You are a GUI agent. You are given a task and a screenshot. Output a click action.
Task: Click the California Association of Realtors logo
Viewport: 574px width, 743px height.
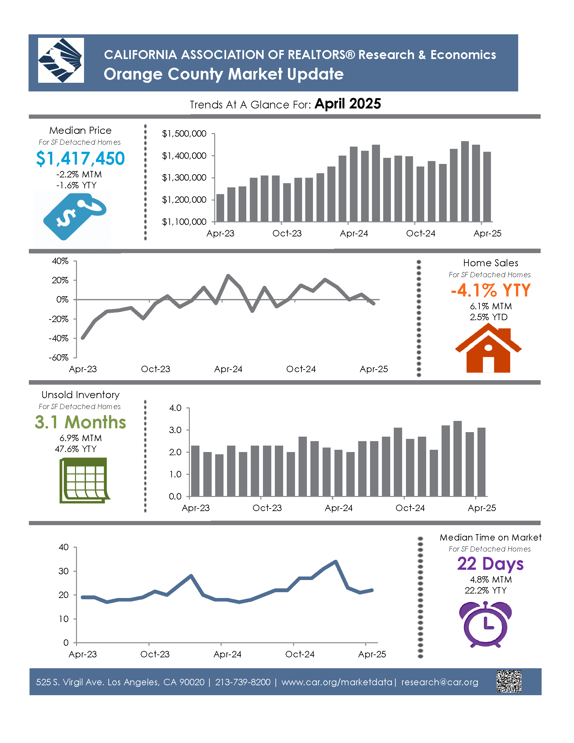(x=61, y=60)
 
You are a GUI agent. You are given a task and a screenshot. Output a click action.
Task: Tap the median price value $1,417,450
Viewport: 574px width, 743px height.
(x=80, y=158)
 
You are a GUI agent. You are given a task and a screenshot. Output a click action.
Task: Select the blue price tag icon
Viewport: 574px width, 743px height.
(x=75, y=216)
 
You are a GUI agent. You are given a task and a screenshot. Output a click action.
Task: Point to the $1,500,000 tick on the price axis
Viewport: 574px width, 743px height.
(x=184, y=134)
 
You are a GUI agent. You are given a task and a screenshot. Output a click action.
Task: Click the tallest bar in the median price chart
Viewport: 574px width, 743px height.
(x=465, y=181)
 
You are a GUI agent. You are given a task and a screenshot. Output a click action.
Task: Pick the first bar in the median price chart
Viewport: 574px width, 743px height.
(x=220, y=208)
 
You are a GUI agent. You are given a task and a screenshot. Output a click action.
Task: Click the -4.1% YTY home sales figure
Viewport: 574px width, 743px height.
(x=491, y=290)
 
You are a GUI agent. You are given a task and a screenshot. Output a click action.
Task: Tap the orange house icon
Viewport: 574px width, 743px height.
(x=488, y=348)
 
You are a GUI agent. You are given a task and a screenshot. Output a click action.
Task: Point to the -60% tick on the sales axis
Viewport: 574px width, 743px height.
(x=58, y=358)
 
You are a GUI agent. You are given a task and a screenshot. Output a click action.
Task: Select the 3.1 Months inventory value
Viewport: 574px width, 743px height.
(x=80, y=422)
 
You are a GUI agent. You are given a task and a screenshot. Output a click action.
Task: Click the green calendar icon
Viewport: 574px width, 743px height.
(x=84, y=480)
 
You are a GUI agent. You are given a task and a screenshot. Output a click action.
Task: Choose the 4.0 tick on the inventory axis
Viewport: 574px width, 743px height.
(x=175, y=408)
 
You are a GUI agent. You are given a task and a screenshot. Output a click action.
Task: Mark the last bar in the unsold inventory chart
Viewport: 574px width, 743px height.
(x=481, y=462)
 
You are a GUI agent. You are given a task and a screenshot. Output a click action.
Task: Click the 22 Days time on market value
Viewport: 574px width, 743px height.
(x=490, y=564)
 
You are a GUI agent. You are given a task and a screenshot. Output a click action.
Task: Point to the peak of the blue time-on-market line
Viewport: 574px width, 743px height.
(x=336, y=561)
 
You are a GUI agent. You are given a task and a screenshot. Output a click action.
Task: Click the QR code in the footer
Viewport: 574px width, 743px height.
(x=509, y=681)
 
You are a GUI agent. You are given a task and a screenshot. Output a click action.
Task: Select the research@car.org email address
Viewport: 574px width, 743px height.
(x=440, y=682)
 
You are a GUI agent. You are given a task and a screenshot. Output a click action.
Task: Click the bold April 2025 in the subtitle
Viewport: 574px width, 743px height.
(x=348, y=104)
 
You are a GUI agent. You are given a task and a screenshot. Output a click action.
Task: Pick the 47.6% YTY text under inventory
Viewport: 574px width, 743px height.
(x=75, y=449)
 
